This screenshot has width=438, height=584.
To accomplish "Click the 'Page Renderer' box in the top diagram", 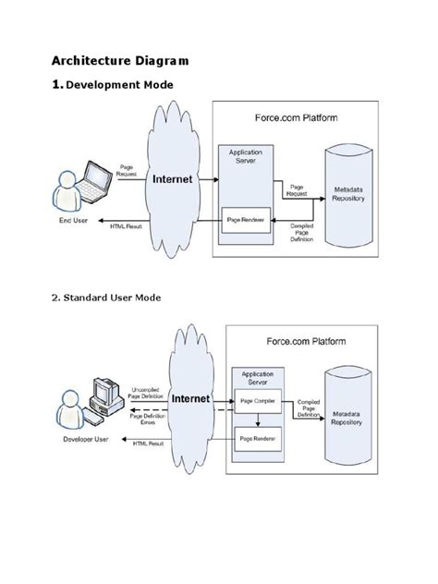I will pyautogui.click(x=248, y=220).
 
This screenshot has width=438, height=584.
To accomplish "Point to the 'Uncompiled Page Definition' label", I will pyautogui.click(x=148, y=393).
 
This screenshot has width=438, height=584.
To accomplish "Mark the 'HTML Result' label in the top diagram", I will pyautogui.click(x=126, y=225).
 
